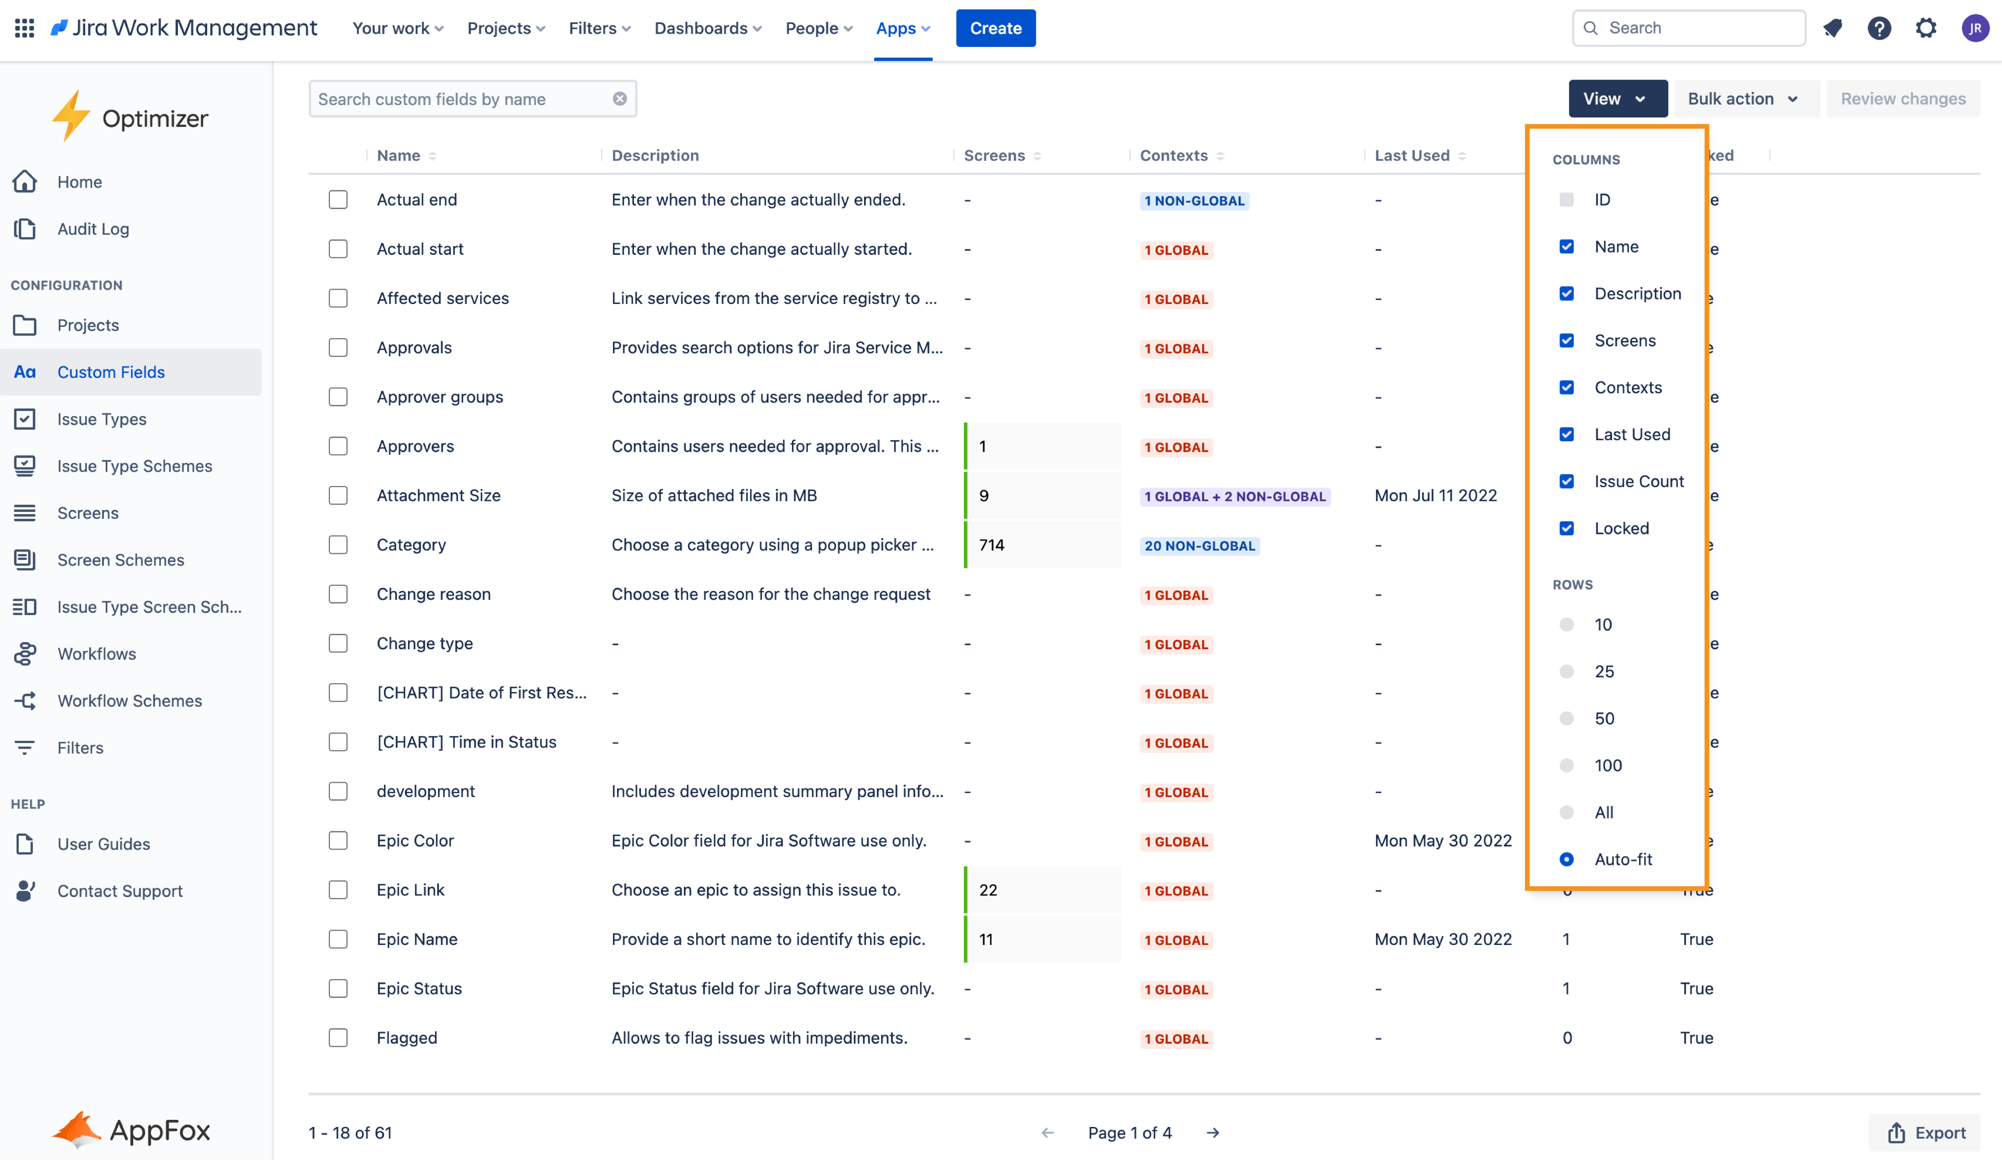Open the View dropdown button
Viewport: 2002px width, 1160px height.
tap(1617, 99)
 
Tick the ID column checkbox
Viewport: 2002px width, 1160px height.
tap(1566, 199)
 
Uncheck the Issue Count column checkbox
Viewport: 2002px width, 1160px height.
tap(1566, 481)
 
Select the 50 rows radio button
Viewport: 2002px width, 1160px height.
tap(1566, 718)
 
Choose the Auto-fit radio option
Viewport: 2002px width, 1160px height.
tap(1566, 859)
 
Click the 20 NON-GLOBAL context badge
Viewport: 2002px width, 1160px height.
tap(1199, 546)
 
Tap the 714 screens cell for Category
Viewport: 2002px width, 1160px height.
tap(992, 545)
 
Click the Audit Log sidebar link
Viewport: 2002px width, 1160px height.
tap(93, 229)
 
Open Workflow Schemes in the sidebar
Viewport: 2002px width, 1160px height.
tap(129, 701)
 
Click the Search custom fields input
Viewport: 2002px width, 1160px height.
tap(461, 99)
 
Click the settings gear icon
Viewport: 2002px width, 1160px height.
tap(1926, 29)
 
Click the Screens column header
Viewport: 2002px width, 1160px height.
tap(994, 156)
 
